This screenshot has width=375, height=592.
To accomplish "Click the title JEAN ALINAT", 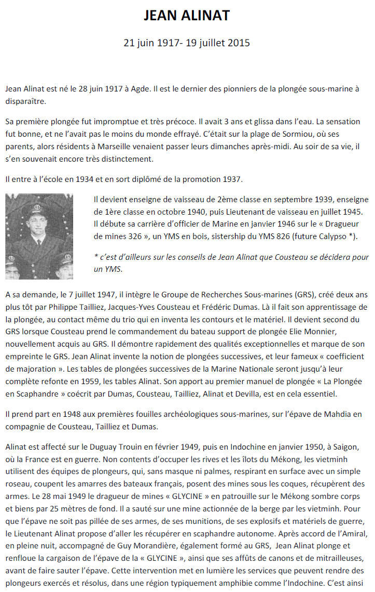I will coord(187,16).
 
